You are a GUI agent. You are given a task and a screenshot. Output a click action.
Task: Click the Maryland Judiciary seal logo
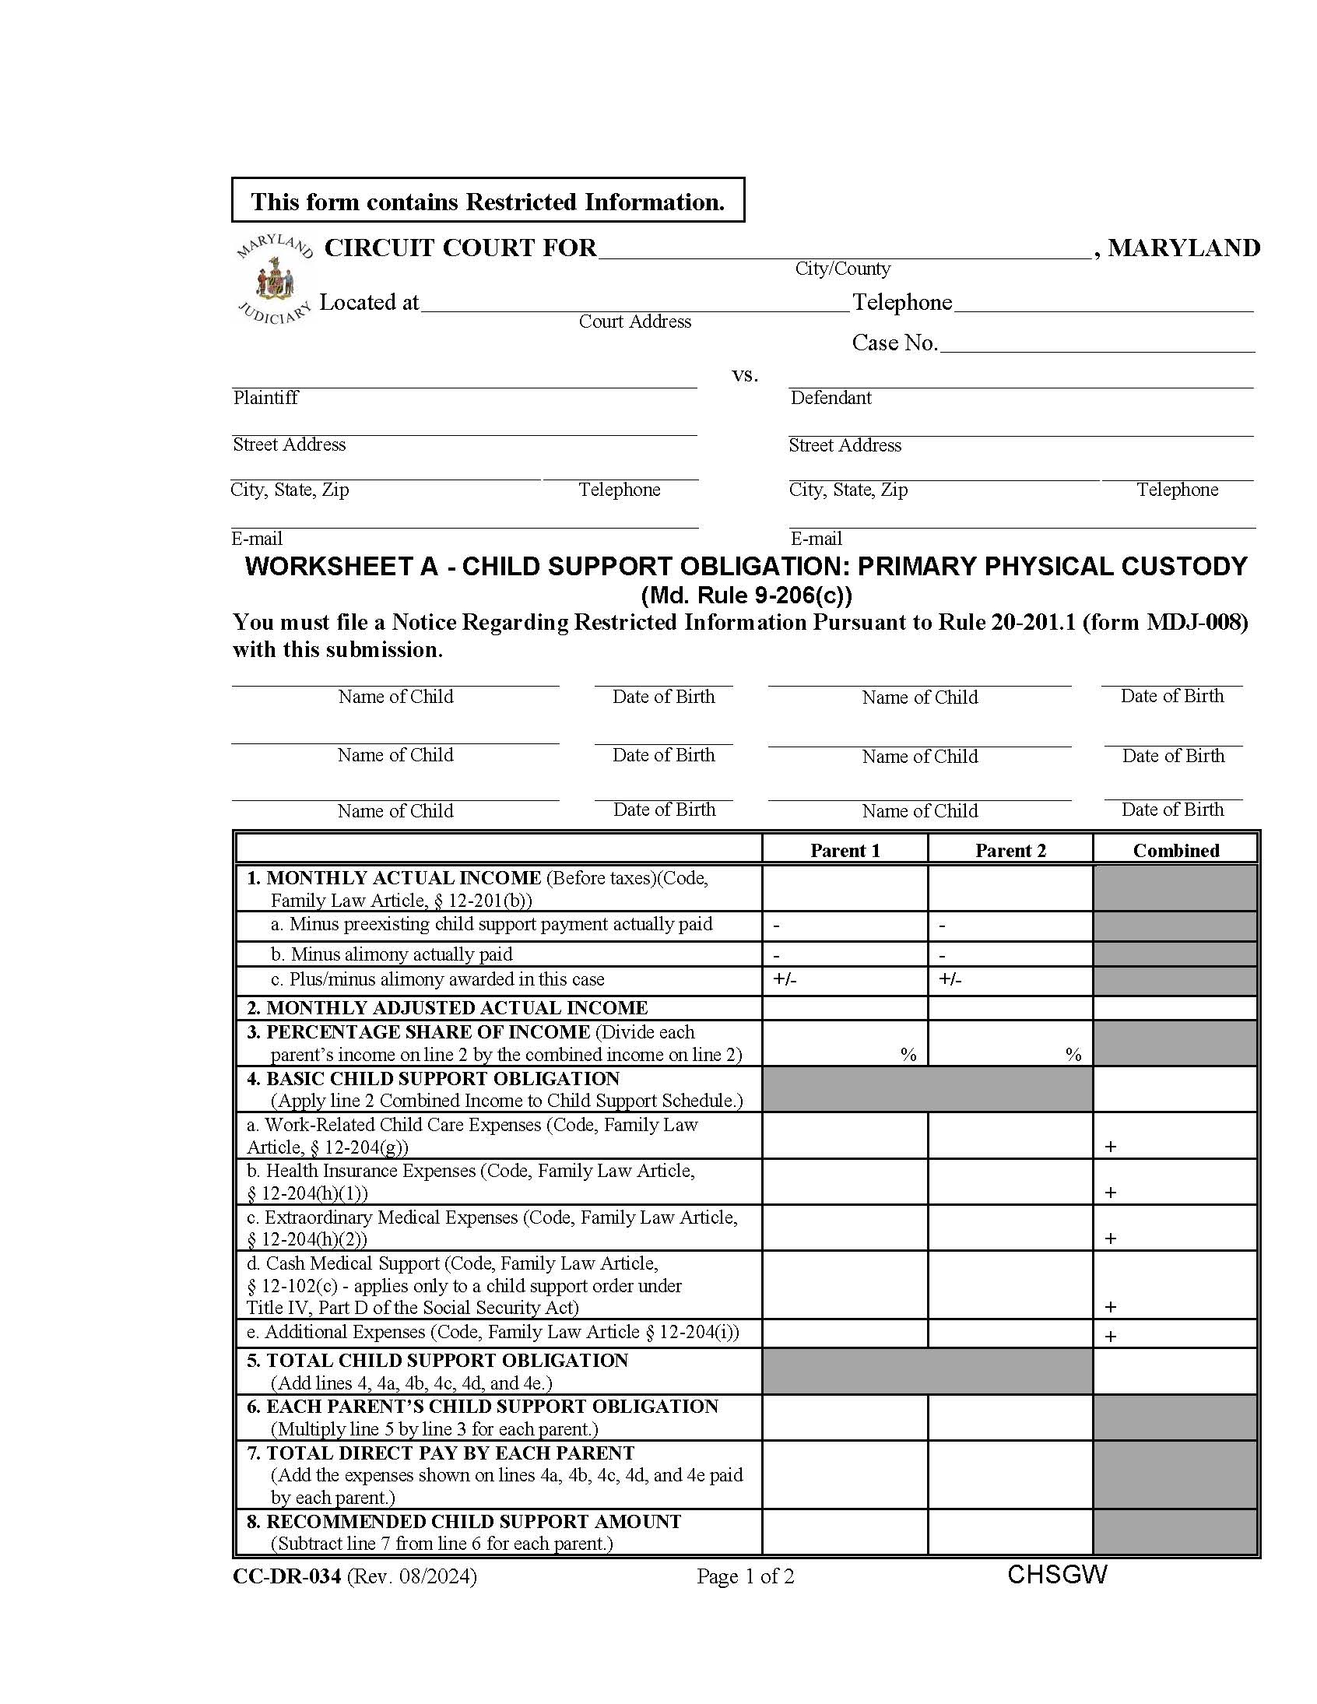(x=274, y=279)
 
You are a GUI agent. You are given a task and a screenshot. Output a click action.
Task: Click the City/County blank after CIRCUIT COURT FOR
(x=843, y=250)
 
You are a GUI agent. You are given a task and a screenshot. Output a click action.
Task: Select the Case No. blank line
(x=1096, y=344)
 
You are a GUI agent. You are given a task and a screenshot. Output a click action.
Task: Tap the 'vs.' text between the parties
(x=745, y=375)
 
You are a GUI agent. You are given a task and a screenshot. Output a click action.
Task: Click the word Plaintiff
(x=265, y=398)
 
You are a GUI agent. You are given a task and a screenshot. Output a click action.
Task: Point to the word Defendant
(x=831, y=398)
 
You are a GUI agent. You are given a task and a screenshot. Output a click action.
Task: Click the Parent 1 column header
(x=845, y=850)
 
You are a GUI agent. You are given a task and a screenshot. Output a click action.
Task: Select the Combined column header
(x=1175, y=850)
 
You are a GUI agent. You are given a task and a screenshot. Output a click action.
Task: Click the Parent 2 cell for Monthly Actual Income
(x=1010, y=888)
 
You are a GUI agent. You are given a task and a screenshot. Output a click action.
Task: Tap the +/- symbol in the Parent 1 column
(x=785, y=979)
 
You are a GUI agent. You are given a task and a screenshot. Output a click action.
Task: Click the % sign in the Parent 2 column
(x=1073, y=1055)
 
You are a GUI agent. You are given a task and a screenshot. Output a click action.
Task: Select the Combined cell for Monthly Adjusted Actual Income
(x=1175, y=1008)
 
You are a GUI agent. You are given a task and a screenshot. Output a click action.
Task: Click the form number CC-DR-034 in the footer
(x=286, y=1577)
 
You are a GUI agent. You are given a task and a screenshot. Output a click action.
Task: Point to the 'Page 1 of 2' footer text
(x=745, y=1577)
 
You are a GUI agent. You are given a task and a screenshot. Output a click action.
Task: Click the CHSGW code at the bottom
(x=1057, y=1575)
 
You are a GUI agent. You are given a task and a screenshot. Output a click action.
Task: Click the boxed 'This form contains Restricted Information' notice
(x=487, y=202)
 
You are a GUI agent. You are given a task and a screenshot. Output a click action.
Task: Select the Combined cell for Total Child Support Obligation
(x=1175, y=1371)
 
